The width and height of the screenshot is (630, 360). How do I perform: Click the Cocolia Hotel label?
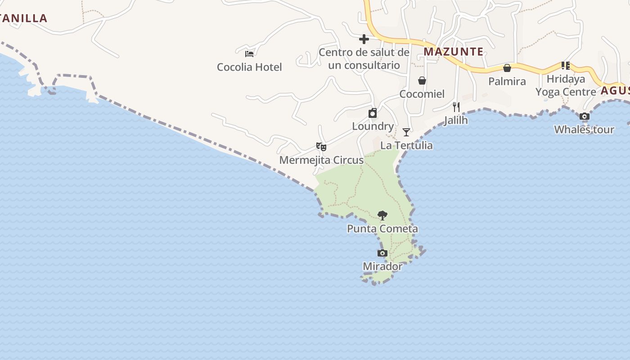(x=249, y=67)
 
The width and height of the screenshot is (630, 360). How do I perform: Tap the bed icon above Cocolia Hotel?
(x=249, y=54)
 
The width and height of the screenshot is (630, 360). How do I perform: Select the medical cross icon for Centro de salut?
(x=364, y=39)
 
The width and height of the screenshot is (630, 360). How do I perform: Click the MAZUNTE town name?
(x=454, y=52)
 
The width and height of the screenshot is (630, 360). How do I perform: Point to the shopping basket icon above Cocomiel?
(x=422, y=81)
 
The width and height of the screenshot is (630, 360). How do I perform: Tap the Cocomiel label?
(x=422, y=94)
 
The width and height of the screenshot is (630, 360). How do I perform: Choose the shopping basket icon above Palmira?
(x=507, y=68)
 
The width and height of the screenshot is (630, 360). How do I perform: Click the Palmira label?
(x=507, y=81)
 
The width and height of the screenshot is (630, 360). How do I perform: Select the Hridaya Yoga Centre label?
(x=566, y=85)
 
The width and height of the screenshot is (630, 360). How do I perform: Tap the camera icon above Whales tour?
(x=584, y=117)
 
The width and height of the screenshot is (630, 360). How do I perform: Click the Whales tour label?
(x=584, y=130)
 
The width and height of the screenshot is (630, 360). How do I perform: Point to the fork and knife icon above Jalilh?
(x=456, y=107)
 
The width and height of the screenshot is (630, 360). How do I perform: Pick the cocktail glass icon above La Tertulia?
(x=406, y=132)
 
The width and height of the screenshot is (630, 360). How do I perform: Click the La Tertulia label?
(x=406, y=145)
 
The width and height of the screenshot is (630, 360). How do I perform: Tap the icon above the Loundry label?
(x=373, y=113)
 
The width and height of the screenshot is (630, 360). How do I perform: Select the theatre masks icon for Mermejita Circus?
(x=321, y=147)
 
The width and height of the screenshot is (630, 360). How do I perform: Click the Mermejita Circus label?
(x=321, y=160)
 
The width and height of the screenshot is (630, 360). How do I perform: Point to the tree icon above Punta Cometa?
(x=382, y=216)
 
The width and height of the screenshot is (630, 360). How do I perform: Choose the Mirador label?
(x=382, y=266)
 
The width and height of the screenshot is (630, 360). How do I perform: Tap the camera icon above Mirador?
(x=382, y=253)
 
